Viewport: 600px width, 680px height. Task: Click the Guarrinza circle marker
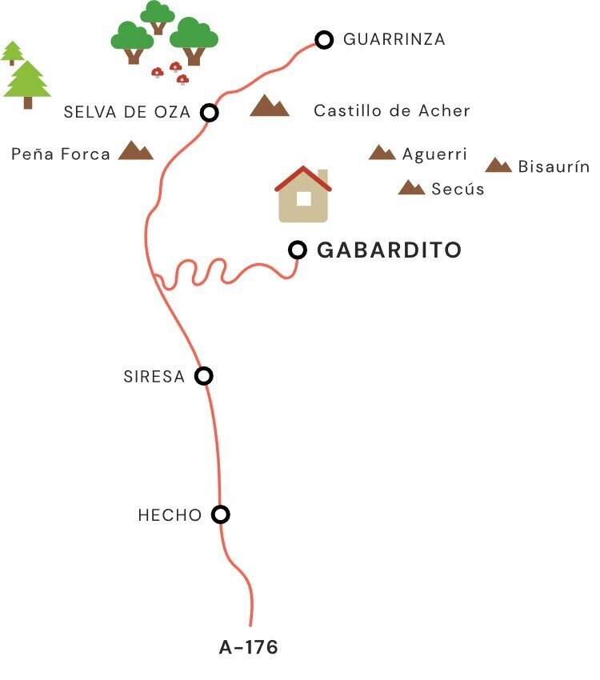323,39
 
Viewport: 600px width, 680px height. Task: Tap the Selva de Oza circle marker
210,113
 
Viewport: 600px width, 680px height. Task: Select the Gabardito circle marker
298,250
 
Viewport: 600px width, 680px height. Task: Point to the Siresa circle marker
205,376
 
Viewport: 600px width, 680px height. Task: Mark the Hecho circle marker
221,514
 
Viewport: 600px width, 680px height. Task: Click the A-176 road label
249,647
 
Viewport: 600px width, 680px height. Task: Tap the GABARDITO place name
390,250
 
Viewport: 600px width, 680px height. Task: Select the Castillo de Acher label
391,111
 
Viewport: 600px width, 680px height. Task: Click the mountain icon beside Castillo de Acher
269,106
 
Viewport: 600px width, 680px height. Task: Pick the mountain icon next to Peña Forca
135,150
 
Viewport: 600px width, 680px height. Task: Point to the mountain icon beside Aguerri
382,153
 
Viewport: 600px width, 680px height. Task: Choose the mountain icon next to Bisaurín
498,166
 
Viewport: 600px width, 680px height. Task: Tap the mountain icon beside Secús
411,188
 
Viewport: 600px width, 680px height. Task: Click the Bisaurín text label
554,167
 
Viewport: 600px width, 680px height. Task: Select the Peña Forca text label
61,154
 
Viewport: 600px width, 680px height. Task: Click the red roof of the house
303,178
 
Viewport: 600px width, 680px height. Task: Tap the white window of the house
304,198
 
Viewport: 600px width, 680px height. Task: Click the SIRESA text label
154,377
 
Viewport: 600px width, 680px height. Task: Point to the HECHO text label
170,516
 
